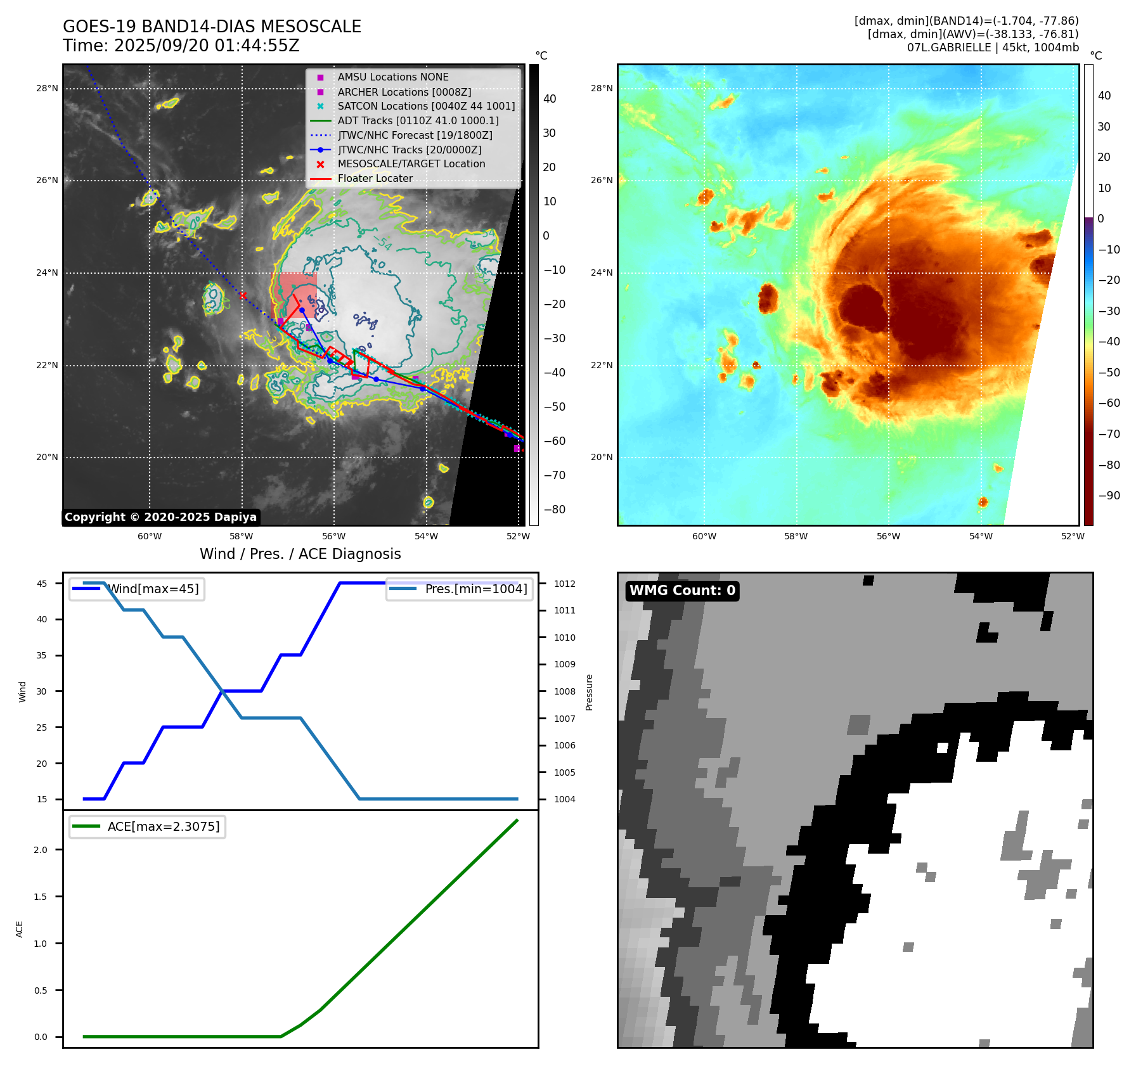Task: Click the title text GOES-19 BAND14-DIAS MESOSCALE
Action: pyautogui.click(x=212, y=27)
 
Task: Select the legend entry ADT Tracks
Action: pyautogui.click(x=418, y=120)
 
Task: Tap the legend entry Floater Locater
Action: pyautogui.click(x=375, y=179)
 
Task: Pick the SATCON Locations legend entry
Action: pyautogui.click(x=426, y=106)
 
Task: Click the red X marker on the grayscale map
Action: pyautogui.click(x=243, y=295)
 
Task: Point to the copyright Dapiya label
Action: pyautogui.click(x=160, y=517)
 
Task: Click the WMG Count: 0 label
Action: pyautogui.click(x=682, y=591)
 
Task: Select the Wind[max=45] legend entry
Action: pyautogui.click(x=153, y=589)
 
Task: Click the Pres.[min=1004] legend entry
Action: pyautogui.click(x=475, y=589)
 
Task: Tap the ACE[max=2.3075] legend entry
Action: pyautogui.click(x=163, y=826)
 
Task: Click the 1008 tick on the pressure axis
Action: pyautogui.click(x=564, y=691)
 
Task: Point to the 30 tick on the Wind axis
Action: pyautogui.click(x=42, y=691)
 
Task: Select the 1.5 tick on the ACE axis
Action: pyautogui.click(x=41, y=897)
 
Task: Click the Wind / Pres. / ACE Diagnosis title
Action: pyautogui.click(x=300, y=554)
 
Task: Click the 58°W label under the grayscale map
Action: pyautogui.click(x=242, y=536)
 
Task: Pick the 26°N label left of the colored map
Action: pyautogui.click(x=602, y=181)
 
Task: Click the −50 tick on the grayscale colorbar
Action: pyautogui.click(x=555, y=407)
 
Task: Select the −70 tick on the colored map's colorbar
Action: pyautogui.click(x=1109, y=434)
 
